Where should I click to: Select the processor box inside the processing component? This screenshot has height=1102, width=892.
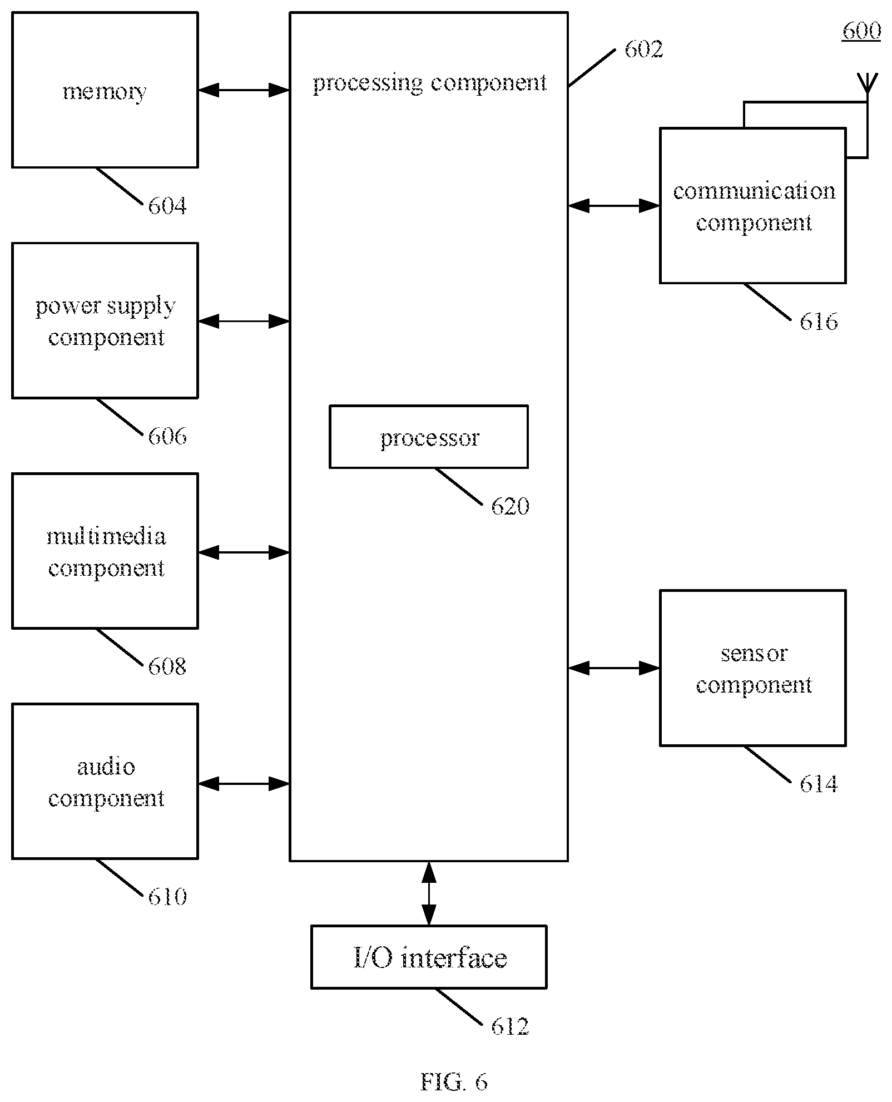pyautogui.click(x=429, y=437)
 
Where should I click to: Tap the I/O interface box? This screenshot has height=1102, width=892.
pyautogui.click(x=429, y=957)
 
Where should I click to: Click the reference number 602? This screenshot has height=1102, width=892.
pyautogui.click(x=644, y=50)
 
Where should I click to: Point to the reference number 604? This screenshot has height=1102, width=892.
pyautogui.click(x=167, y=206)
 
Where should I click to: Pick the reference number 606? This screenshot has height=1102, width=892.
pyautogui.click(x=167, y=436)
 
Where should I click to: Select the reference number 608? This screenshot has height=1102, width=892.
pyautogui.click(x=167, y=666)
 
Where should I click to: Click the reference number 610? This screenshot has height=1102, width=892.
pyautogui.click(x=167, y=897)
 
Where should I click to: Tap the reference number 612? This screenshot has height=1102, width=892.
pyautogui.click(x=510, y=1026)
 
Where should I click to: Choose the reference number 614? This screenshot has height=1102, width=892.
pyautogui.click(x=819, y=784)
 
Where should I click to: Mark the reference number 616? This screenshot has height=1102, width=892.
pyautogui.click(x=819, y=322)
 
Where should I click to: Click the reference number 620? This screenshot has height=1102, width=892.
pyautogui.click(x=510, y=506)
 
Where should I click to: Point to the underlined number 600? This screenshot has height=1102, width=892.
pyautogui.click(x=862, y=31)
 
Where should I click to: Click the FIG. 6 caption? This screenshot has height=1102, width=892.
pyautogui.click(x=454, y=1082)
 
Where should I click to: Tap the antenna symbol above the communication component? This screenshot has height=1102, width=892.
pyautogui.click(x=866, y=83)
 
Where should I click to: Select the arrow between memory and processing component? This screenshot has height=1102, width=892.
pyautogui.click(x=244, y=90)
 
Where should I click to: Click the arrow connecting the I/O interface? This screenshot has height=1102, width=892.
pyautogui.click(x=429, y=893)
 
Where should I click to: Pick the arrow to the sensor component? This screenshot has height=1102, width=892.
pyautogui.click(x=614, y=668)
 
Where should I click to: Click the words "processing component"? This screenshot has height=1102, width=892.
pyautogui.click(x=429, y=83)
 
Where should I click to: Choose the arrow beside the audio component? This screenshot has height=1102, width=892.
pyautogui.click(x=244, y=784)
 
